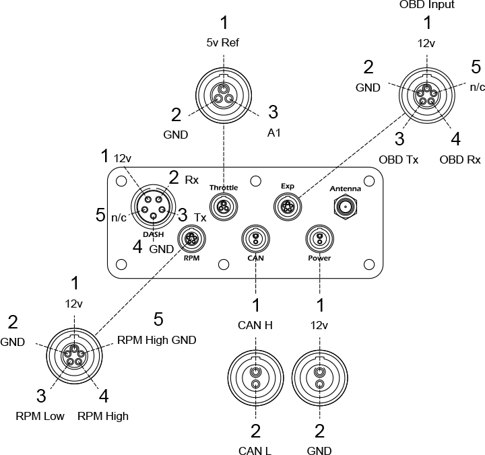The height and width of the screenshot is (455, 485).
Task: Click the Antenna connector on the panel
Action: point(346,207)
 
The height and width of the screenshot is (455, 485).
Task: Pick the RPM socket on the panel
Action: point(190,240)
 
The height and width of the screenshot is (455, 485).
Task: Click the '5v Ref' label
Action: point(223,43)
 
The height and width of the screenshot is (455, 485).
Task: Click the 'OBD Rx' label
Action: point(460,160)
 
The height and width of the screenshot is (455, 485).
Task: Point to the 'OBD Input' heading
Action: point(427,5)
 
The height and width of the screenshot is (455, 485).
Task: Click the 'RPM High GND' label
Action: point(156,340)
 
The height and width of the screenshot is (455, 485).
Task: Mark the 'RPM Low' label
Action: point(40,416)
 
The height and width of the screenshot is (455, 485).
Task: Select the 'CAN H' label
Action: point(255,326)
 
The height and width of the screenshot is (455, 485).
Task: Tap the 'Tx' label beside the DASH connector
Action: point(200,217)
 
